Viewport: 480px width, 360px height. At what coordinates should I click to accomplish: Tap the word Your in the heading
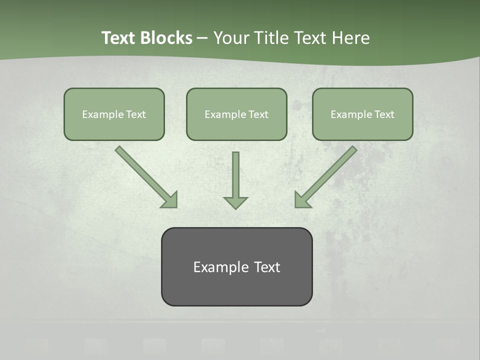(x=230, y=38)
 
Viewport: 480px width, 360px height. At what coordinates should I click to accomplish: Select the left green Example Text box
(x=114, y=114)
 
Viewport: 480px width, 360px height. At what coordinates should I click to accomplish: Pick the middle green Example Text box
(x=236, y=114)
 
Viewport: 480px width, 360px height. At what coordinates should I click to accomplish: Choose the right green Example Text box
(x=362, y=114)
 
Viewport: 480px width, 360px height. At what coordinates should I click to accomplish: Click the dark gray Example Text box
(x=236, y=267)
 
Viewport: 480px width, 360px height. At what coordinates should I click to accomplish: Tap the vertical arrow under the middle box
(x=235, y=175)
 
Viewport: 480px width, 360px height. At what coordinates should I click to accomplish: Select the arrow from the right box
(x=329, y=173)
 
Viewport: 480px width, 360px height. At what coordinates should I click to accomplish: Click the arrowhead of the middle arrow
(x=235, y=202)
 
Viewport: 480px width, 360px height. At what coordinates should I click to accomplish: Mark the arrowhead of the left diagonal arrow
(x=170, y=200)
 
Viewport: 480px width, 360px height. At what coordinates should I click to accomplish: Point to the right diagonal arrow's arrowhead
(x=301, y=200)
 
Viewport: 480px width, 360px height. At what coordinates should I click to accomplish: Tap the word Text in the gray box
(x=267, y=267)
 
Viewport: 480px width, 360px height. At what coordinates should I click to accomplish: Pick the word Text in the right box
(x=384, y=114)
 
